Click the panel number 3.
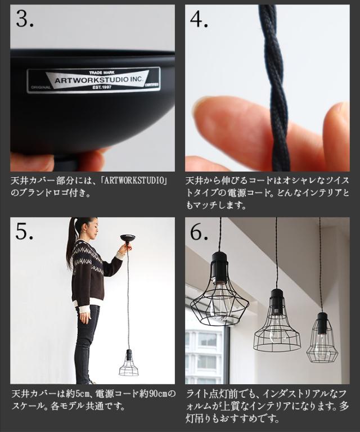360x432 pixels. coord(25,19)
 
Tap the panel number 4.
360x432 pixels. coord(199,19)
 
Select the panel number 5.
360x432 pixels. coord(25,231)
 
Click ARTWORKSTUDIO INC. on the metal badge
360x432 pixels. coord(99,80)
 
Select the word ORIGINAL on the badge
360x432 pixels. coord(40,87)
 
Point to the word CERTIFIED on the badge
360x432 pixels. coord(152,84)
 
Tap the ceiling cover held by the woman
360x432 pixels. coord(128,237)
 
